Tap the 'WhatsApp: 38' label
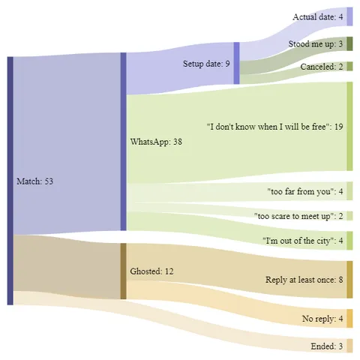point(156,141)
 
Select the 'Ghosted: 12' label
point(152,271)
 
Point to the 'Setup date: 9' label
point(207,64)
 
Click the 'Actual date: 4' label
point(317,16)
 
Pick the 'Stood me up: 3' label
point(315,44)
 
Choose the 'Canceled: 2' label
point(320,67)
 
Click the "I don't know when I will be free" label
point(274,127)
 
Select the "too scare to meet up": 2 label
point(298,216)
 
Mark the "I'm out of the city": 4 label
point(303,241)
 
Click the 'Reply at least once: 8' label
point(304,280)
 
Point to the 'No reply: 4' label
point(322,319)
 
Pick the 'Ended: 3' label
point(326,346)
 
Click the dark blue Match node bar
point(10,181)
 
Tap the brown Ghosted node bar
point(123,271)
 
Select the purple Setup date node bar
point(236,64)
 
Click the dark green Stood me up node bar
point(349,44)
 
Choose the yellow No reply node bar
point(349,319)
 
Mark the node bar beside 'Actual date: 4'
point(349,16)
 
